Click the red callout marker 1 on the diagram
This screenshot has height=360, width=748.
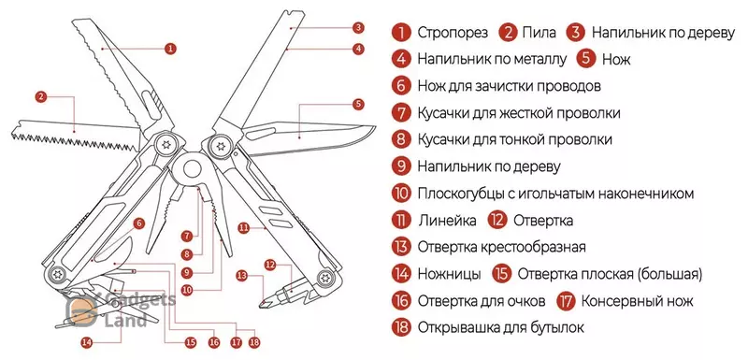[170, 49]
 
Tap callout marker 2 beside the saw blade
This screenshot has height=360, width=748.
[41, 97]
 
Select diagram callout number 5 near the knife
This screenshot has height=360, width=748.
[358, 105]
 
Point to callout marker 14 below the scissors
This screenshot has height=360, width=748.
[86, 342]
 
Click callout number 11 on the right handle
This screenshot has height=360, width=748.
[244, 228]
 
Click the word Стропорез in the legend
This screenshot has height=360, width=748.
[453, 33]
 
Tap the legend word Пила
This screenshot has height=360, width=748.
[539, 33]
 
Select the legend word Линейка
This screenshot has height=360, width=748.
[447, 221]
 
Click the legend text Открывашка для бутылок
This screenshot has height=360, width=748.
[501, 328]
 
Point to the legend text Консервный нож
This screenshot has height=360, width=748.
[637, 301]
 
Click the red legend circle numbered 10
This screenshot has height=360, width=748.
[401, 194]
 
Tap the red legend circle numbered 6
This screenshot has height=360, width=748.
[401, 86]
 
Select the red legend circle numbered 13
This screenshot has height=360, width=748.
[401, 248]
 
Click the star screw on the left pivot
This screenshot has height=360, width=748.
[166, 145]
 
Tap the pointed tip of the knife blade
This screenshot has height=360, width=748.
[375, 127]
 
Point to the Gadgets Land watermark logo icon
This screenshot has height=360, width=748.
[81, 310]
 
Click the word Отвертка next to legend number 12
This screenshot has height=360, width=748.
[543, 221]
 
